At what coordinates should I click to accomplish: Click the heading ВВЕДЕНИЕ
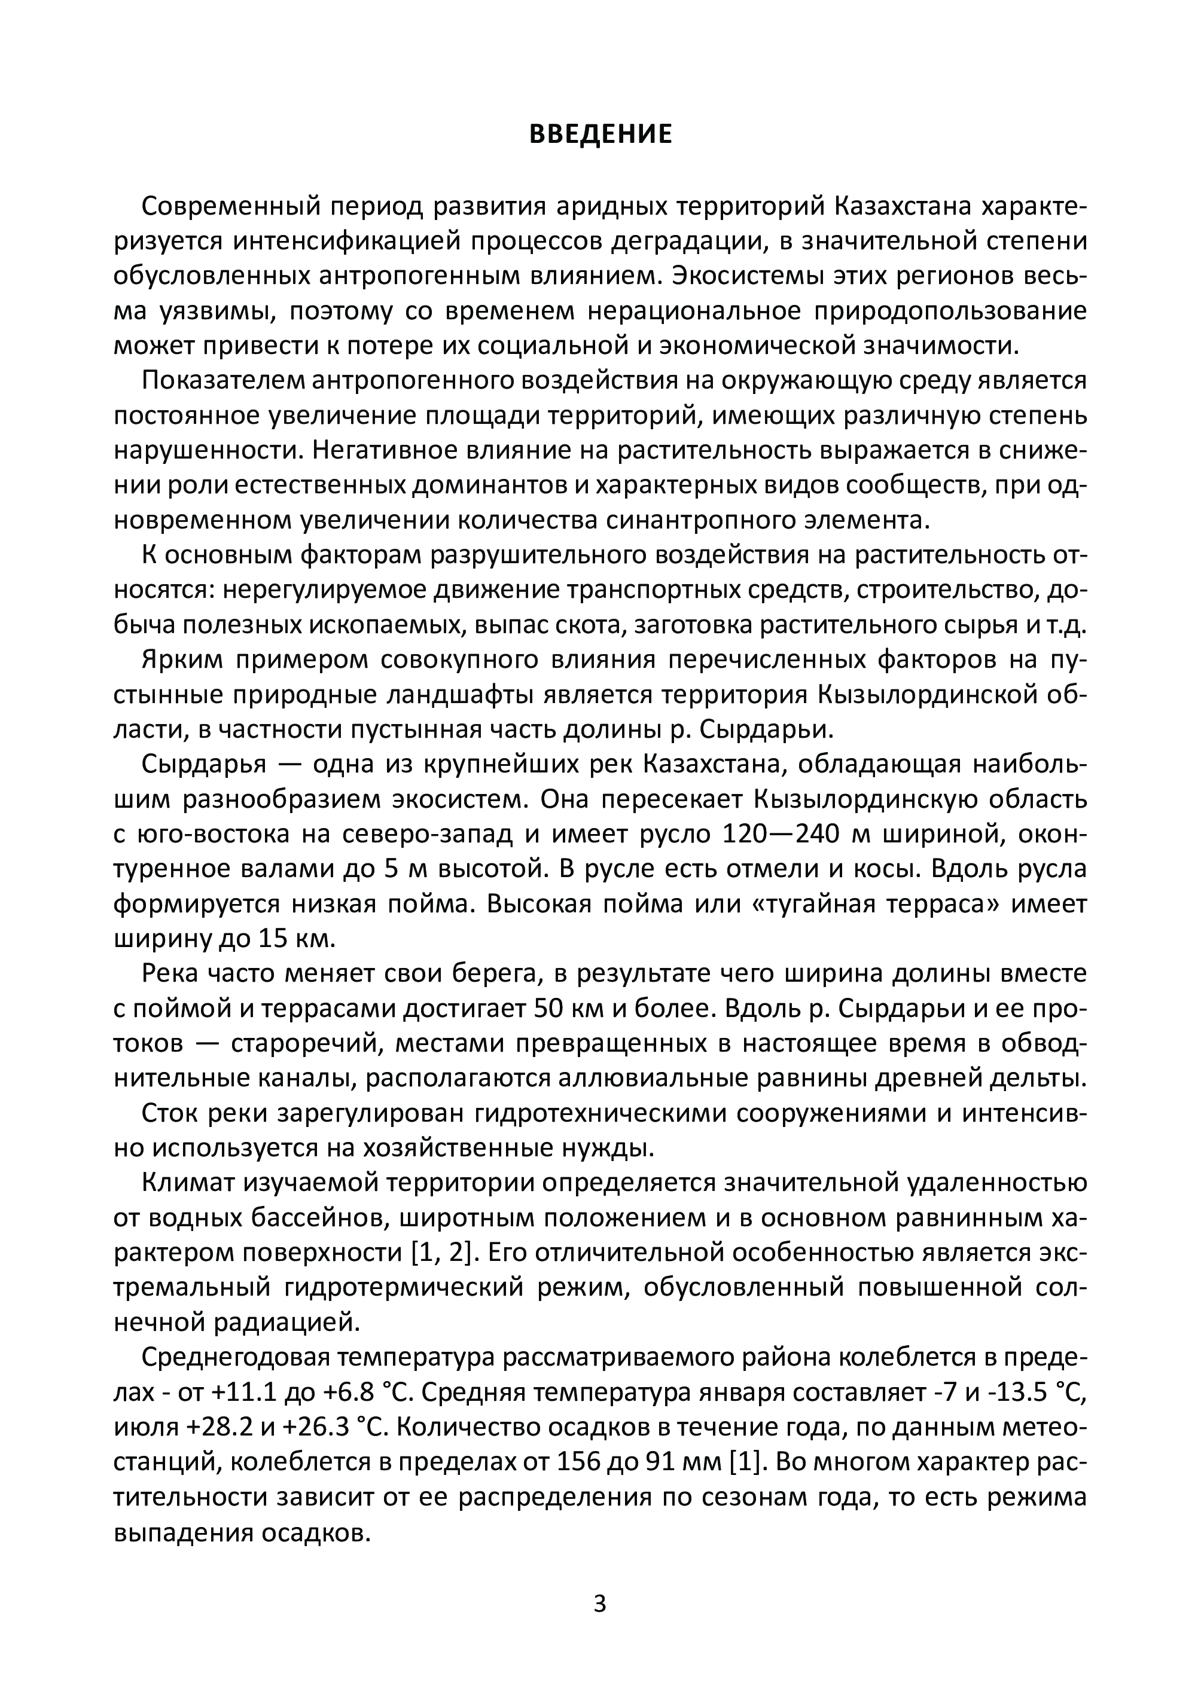coord(600,135)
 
